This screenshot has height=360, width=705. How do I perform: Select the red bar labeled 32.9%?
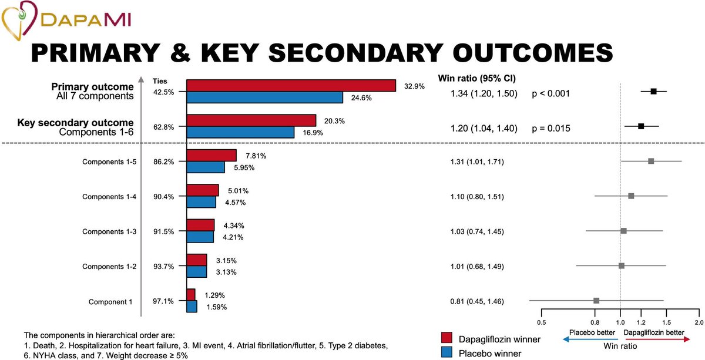pos(291,86)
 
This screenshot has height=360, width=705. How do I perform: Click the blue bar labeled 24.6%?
pos(264,97)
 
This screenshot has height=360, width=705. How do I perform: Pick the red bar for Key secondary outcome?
pos(251,120)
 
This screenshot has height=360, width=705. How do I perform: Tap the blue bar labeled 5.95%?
pos(205,167)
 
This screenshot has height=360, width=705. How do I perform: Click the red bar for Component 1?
pos(191,295)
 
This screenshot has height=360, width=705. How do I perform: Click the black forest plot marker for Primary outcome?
pos(653,91)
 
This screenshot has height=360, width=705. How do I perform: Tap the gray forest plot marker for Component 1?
pos(596,301)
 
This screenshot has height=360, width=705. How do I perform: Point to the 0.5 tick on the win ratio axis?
pos(541,323)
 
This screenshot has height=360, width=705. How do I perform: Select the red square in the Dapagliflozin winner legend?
pos(446,338)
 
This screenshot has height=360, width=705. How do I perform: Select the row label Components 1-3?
pos(109,232)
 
